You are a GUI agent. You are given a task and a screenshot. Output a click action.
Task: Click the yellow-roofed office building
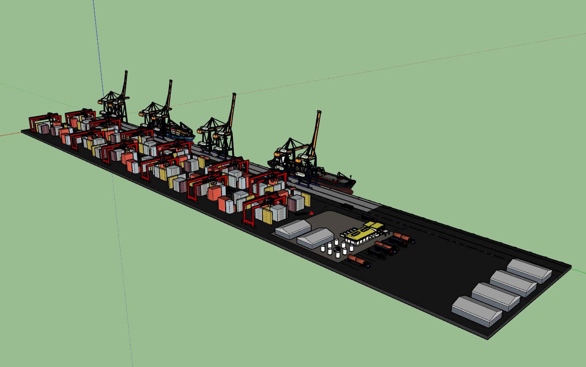click(363, 232)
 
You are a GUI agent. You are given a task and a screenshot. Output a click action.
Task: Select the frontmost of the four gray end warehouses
click(476, 311)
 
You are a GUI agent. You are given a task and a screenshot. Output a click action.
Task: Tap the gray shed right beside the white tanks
click(316, 237)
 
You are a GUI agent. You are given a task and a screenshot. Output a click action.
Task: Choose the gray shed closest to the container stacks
click(293, 229)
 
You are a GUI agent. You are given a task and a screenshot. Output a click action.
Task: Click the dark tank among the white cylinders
click(337, 249)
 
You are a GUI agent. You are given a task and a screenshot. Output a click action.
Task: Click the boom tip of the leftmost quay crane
click(126, 73)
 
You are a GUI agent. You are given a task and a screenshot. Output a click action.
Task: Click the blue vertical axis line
click(97, 42)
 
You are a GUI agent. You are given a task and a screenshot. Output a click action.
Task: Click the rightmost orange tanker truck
click(402, 237)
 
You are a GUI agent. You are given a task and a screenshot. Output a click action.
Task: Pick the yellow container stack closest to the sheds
click(267, 216)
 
